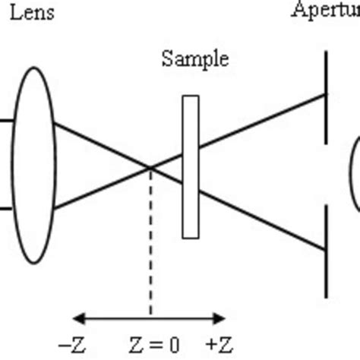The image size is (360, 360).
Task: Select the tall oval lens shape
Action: point(34,163)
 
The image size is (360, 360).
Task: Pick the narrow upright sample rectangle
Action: point(191,166)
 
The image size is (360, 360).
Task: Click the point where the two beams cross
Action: point(150,167)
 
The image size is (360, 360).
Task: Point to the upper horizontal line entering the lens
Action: point(6,120)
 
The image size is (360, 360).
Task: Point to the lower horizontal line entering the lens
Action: point(6,207)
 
